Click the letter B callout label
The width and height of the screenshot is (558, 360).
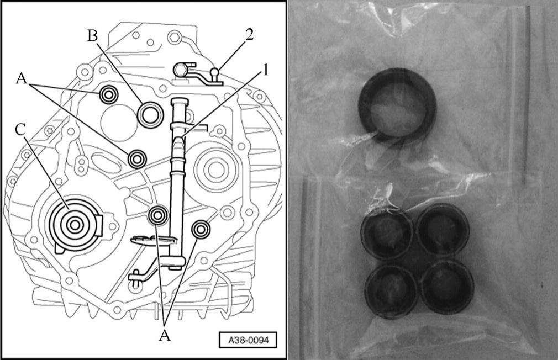(93, 35)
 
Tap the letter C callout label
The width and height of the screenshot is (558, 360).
(20, 130)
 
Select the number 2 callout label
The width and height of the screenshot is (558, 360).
(249, 34)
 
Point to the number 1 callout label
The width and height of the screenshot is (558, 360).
(265, 71)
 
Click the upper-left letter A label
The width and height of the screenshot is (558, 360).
(22, 78)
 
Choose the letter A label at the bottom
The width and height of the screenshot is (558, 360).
(165, 335)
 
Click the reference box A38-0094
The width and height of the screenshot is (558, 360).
(248, 341)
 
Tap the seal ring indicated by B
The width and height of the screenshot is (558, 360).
(150, 114)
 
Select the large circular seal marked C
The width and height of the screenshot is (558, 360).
(74, 225)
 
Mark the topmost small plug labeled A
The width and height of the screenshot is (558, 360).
(108, 94)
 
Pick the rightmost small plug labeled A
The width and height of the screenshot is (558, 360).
(201, 230)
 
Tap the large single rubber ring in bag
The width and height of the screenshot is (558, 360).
(397, 104)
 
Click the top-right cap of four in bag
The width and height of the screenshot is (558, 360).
(443, 229)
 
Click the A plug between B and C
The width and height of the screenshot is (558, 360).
(137, 159)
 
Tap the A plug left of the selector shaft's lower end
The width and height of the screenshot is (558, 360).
(158, 215)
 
